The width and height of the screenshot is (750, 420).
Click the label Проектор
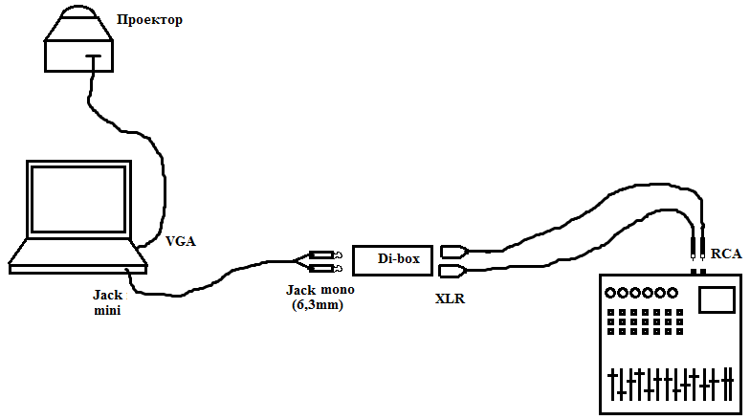click(x=149, y=19)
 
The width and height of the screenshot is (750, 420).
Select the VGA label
click(x=180, y=241)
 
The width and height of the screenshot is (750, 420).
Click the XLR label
click(x=450, y=298)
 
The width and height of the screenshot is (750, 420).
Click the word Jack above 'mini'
click(x=107, y=296)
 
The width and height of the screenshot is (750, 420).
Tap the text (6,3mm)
click(x=318, y=306)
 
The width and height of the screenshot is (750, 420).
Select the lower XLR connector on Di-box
click(x=453, y=270)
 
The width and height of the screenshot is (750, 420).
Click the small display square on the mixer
click(x=713, y=299)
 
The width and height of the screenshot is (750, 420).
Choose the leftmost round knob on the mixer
click(x=610, y=293)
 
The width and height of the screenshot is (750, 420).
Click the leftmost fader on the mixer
click(x=613, y=385)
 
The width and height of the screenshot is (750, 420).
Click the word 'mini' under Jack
click(x=107, y=311)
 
